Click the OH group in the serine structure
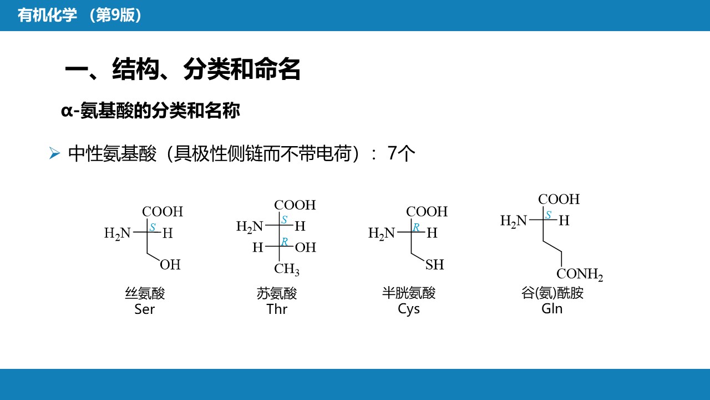point(170,264)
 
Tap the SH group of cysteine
point(434,264)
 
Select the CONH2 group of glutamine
point(580,274)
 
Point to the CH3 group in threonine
point(287,269)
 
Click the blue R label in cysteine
point(416,227)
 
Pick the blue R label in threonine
point(285,242)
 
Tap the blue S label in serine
point(153,227)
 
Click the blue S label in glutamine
point(549,214)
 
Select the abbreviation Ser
point(145,309)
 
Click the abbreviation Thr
point(277,309)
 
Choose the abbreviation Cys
point(409,309)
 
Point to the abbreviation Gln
point(552,308)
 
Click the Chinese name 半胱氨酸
point(409,293)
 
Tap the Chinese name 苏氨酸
point(277,293)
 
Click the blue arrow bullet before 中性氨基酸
point(54,153)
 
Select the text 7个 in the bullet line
point(401,153)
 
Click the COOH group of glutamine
point(559,199)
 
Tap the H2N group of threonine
point(250,227)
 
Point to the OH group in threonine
point(306,247)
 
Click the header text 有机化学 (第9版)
point(79,15)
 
